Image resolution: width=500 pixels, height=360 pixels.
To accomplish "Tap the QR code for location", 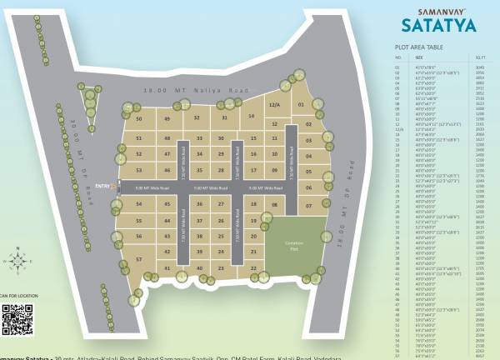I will (17, 319).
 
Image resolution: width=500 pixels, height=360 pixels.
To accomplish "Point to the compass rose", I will (18, 261).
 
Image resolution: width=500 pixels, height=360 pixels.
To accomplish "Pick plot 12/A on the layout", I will (274, 106).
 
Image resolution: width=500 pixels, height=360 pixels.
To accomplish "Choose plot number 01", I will (301, 106).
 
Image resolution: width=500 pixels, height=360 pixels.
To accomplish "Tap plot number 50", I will (139, 119).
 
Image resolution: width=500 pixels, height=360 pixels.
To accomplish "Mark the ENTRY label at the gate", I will (102, 186).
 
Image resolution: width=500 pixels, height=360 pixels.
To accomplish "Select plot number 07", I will (309, 205).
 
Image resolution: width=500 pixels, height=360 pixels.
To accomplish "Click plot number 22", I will (252, 267).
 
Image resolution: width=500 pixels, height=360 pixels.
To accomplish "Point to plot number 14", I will (251, 117).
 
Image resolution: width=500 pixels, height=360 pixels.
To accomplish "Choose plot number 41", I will (167, 267).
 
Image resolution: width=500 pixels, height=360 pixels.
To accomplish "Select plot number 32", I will (197, 117).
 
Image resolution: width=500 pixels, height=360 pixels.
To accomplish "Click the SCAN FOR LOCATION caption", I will (17, 296).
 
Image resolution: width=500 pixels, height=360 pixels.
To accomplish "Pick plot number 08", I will (274, 204).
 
